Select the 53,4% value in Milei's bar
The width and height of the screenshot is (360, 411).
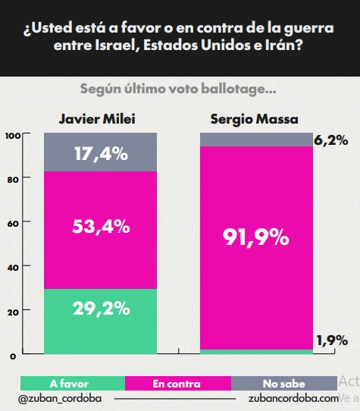click(x=100, y=226)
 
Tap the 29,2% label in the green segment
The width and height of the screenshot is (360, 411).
click(x=100, y=309)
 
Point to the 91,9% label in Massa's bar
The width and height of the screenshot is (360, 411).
click(x=255, y=237)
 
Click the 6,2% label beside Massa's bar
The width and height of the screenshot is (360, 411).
click(x=330, y=140)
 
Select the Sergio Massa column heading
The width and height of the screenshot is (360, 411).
click(x=255, y=119)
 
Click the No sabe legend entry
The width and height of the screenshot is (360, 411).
click(x=283, y=384)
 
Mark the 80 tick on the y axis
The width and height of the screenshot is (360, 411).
click(x=12, y=179)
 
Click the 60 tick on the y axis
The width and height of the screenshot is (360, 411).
click(x=12, y=223)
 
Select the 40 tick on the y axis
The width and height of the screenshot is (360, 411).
click(x=12, y=267)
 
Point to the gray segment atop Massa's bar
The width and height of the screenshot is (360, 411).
click(x=255, y=140)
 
